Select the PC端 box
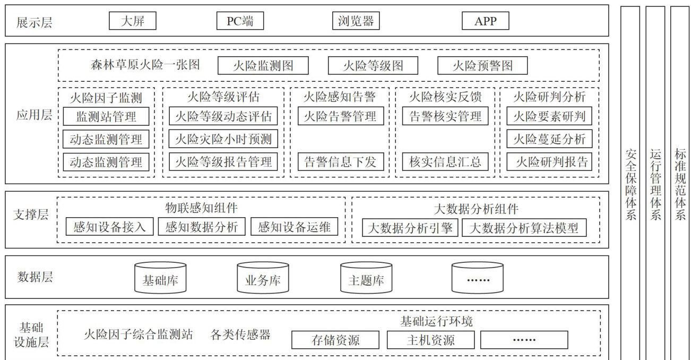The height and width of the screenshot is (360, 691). coord(240,21)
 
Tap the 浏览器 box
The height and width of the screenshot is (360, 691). coord(356,21)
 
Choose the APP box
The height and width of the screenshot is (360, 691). coord(485,21)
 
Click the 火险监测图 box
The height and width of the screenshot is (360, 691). coord(263,66)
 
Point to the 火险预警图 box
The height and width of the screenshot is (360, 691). coord(482,66)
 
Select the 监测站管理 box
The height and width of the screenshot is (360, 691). coord(106,116)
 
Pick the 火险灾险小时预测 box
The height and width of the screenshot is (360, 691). coord(223,139)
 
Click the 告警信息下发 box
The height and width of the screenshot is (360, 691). coord(340,162)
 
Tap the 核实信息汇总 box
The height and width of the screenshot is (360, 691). coord(445,162)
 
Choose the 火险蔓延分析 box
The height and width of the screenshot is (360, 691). coord(549,139)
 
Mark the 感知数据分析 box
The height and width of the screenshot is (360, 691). coord(202,227)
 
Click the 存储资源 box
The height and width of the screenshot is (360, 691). coord(335,340)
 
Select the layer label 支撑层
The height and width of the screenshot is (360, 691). coord(31,215)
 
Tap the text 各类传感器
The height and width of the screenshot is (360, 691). coord(240,335)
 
